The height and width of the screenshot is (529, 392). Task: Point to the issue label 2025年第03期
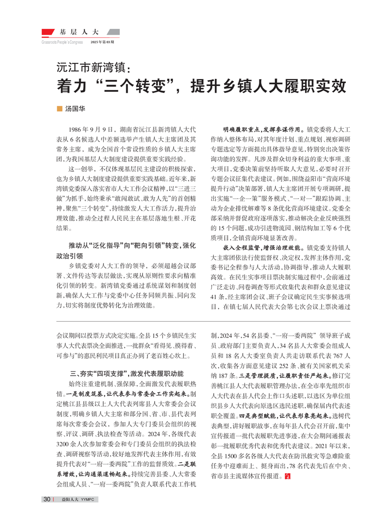click(103, 42)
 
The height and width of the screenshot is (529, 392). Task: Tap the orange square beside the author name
click(60, 109)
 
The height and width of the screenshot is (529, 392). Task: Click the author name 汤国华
click(75, 109)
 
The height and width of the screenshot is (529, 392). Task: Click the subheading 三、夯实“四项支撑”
click(126, 373)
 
